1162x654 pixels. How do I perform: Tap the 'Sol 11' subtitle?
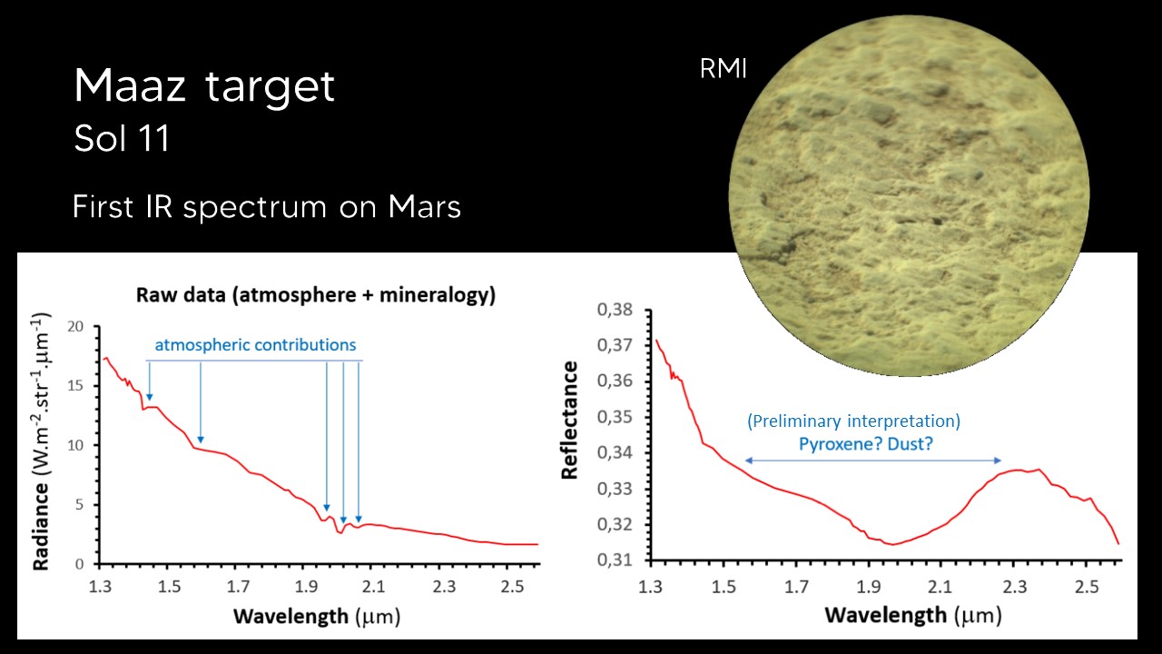tap(122, 141)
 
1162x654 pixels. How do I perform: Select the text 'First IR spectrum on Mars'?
tap(267, 207)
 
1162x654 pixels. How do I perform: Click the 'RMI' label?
tap(723, 70)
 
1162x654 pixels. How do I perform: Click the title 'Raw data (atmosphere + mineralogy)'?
tap(316, 295)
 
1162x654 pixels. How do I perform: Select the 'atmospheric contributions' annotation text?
tap(255, 345)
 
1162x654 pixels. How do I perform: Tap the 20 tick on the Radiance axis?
tap(75, 327)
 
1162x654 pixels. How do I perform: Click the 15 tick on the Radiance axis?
tap(75, 386)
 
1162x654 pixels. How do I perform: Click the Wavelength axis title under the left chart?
tap(316, 617)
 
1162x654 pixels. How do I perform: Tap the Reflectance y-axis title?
tap(570, 420)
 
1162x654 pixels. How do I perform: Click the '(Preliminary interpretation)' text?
tap(853, 421)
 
